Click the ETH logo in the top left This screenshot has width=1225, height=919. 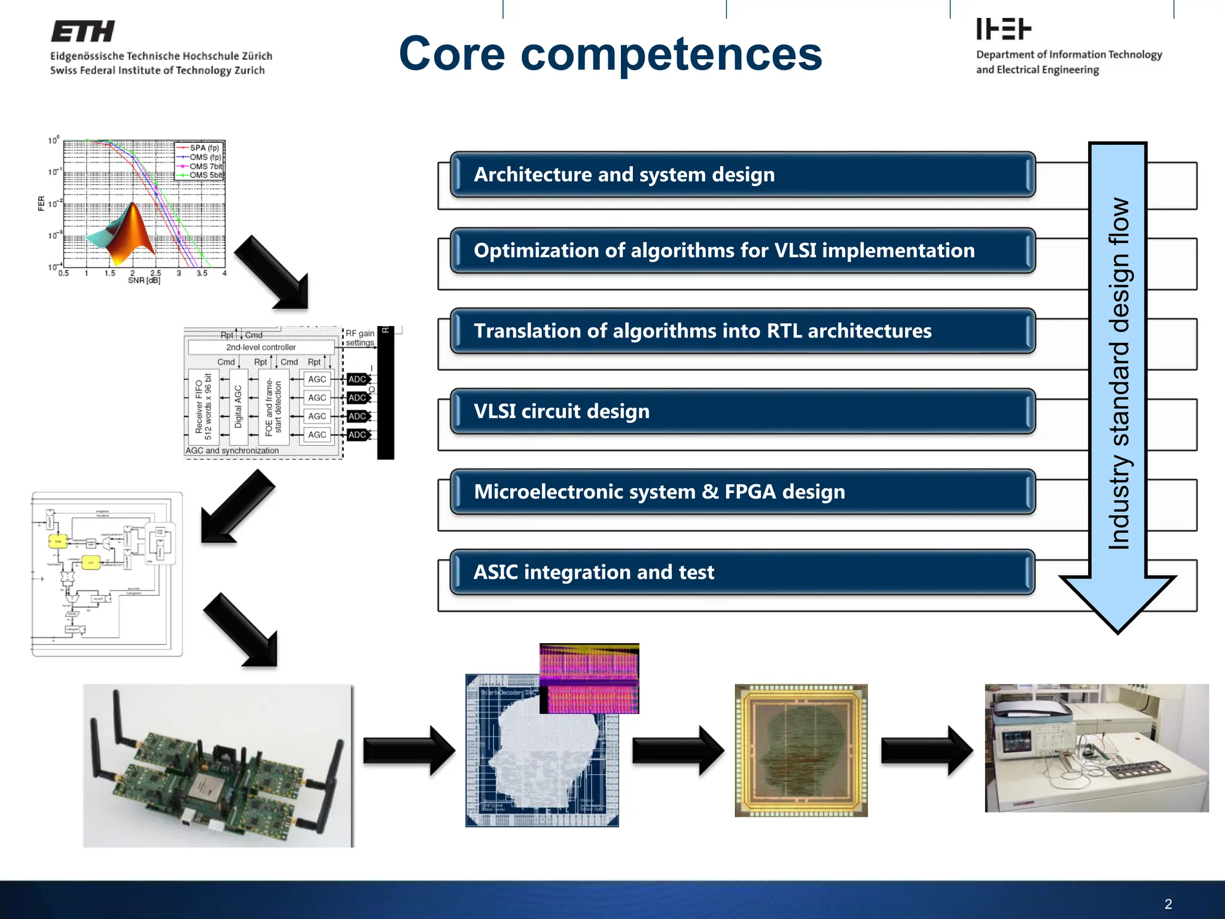[x=83, y=32]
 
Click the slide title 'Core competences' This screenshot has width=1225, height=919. [x=610, y=54]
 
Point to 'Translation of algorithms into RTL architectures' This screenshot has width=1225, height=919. [x=702, y=331]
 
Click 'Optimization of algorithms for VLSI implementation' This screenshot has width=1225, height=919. [x=724, y=251]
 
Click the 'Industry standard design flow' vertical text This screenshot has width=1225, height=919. [x=1118, y=374]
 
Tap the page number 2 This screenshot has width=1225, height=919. [x=1168, y=904]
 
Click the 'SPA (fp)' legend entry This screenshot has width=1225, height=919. [x=203, y=148]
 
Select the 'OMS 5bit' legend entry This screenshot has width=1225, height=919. [x=205, y=175]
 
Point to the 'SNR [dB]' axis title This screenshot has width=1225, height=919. [x=144, y=280]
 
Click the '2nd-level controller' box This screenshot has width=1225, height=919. [x=261, y=347]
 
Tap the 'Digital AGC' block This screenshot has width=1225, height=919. [x=238, y=407]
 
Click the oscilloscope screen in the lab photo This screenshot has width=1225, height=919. [x=1016, y=741]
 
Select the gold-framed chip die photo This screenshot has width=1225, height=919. [x=801, y=750]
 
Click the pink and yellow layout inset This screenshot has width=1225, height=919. [x=589, y=678]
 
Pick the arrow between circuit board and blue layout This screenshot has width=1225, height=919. [x=409, y=750]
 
